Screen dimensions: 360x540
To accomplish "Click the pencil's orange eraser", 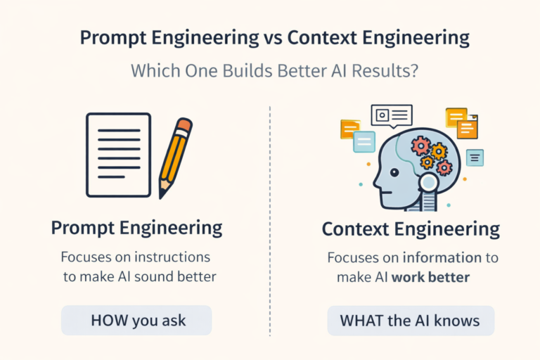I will click(x=184, y=127).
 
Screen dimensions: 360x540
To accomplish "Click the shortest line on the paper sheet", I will click(x=111, y=176).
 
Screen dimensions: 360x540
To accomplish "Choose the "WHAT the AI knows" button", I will click(x=410, y=321).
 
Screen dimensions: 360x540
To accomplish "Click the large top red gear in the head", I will click(x=420, y=146).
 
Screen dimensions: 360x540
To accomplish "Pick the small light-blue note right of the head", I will click(x=475, y=157).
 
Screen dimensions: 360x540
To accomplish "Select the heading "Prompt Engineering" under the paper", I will click(x=136, y=228).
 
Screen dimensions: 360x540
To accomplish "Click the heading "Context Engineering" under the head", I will click(x=411, y=229).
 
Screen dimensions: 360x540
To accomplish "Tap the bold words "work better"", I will click(x=430, y=277).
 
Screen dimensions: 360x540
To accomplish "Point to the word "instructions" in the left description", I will click(x=171, y=257).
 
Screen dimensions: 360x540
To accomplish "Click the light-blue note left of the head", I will click(x=364, y=142).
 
